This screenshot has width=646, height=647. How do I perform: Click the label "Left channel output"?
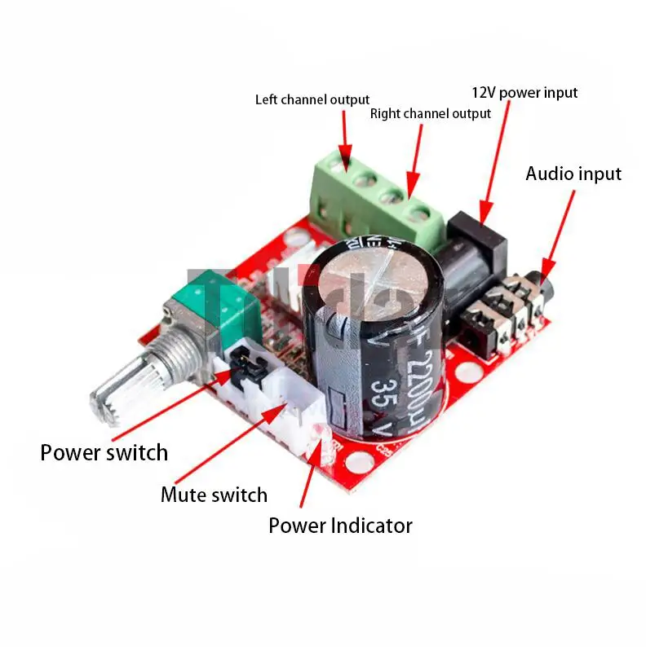click(312, 99)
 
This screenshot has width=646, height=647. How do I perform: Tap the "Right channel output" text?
click(430, 114)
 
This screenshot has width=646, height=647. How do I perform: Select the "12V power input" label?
click(524, 92)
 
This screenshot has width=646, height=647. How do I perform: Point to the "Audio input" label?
click(573, 174)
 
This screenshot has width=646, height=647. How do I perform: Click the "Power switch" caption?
click(104, 452)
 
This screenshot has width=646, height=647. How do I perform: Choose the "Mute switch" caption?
click(214, 495)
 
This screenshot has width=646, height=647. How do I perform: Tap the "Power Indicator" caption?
click(340, 526)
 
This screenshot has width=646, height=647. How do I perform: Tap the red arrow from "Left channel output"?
click(344, 139)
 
